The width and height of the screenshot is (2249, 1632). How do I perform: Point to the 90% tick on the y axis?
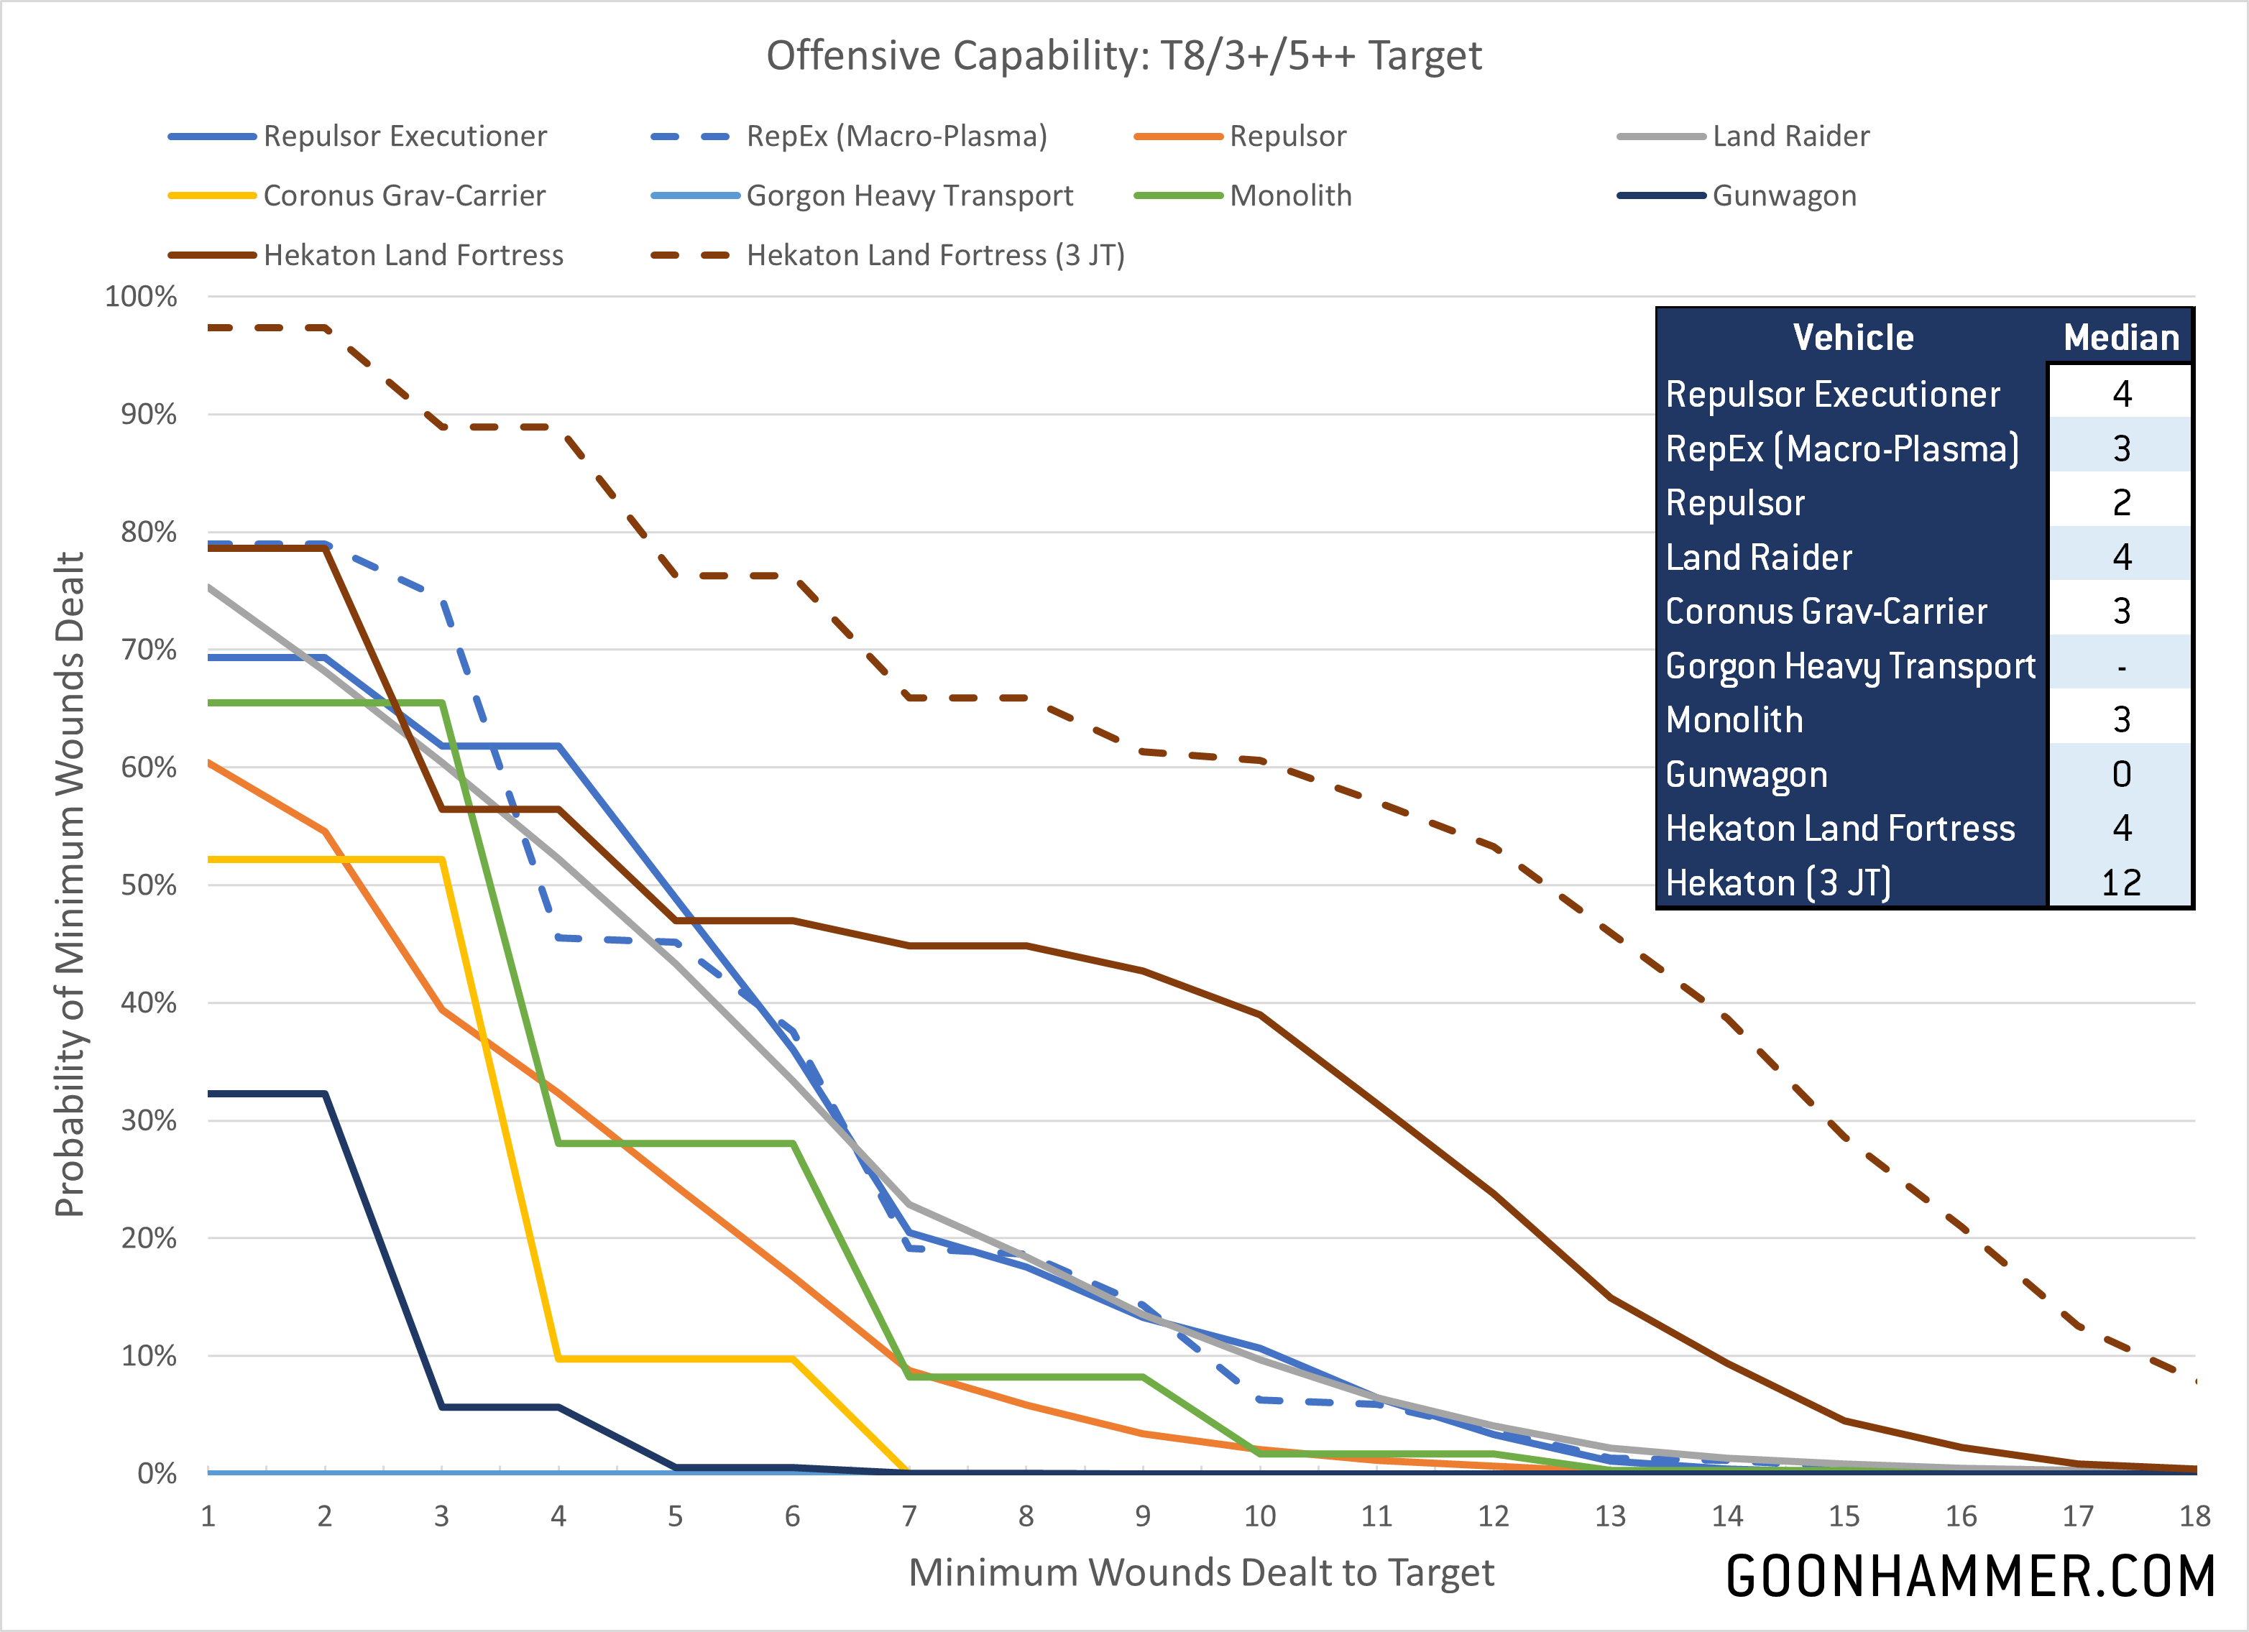(x=149, y=415)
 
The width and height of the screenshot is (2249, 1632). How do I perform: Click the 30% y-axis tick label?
(x=149, y=1120)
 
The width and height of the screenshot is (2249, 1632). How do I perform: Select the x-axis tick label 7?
(x=909, y=1516)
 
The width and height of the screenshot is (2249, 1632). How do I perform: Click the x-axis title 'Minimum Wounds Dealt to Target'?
(x=1201, y=1572)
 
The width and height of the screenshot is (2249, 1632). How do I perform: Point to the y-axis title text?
(x=70, y=885)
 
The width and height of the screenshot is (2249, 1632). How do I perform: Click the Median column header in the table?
(x=2121, y=338)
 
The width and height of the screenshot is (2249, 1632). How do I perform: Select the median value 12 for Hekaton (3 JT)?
(x=2121, y=882)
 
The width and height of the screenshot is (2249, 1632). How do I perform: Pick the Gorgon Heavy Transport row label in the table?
(x=1849, y=666)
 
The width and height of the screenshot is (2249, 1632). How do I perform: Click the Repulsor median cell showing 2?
(x=2121, y=503)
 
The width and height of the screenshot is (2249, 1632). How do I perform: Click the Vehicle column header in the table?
(x=1852, y=338)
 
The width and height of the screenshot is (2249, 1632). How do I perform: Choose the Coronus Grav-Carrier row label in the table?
(x=1826, y=612)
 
